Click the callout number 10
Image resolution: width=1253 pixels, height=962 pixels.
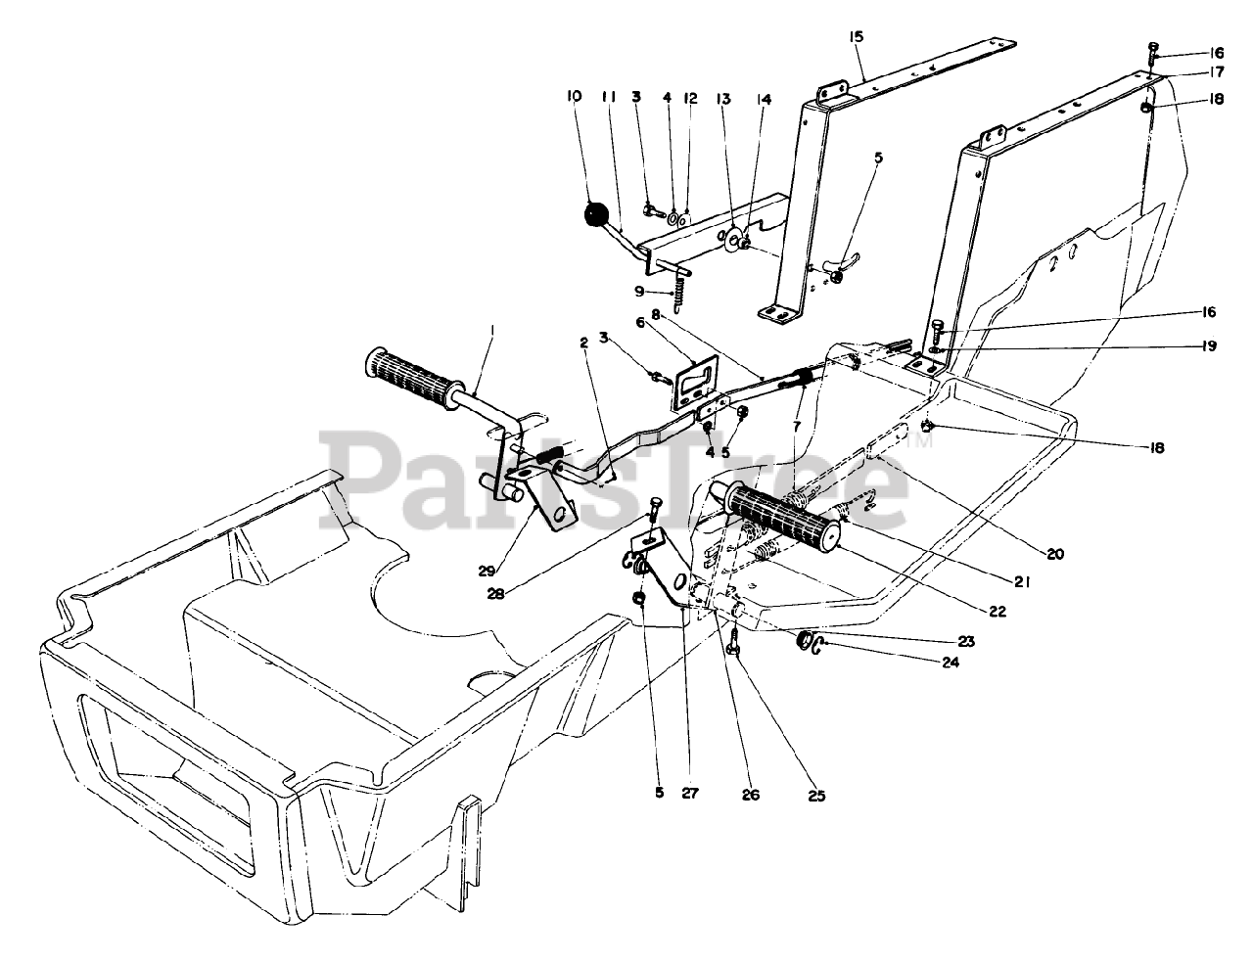tap(574, 96)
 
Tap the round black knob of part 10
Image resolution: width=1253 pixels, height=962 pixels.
tap(595, 214)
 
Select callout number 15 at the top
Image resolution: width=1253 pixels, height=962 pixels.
tap(857, 37)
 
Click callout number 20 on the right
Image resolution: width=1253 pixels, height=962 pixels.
tap(1053, 553)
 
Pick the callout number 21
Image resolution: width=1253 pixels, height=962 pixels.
tap(1024, 582)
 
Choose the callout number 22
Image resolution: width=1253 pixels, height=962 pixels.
tap(997, 611)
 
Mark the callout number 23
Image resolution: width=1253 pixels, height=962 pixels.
tap(967, 642)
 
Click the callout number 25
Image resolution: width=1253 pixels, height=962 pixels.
tap(814, 796)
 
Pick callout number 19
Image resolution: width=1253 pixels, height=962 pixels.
tap(1210, 345)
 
